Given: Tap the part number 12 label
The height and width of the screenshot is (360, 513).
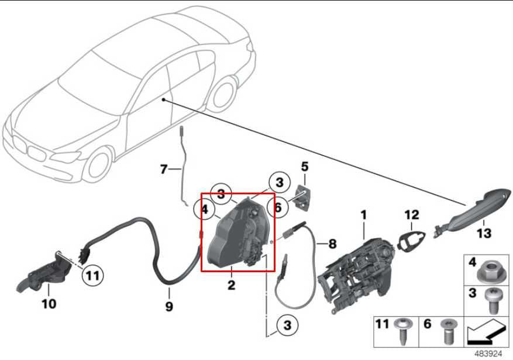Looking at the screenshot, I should [412, 215].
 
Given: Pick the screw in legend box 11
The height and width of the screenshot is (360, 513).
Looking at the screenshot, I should [402, 331].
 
